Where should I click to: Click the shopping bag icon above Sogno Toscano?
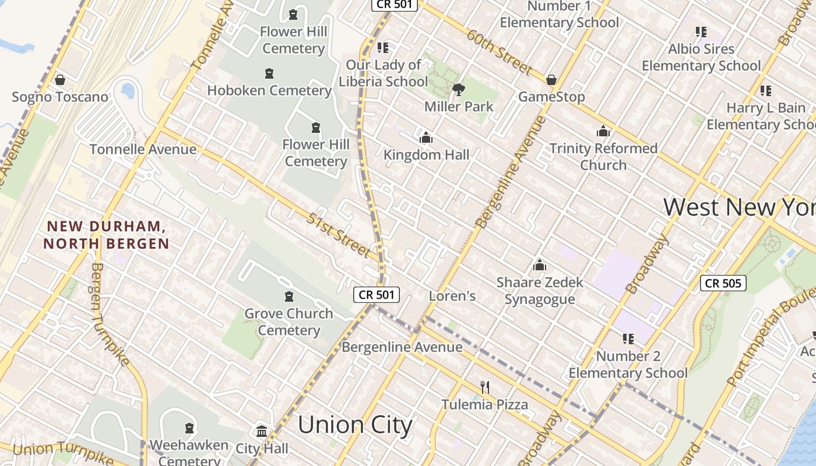[x=59, y=80]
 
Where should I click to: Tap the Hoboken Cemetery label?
[x=269, y=90]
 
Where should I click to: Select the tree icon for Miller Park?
[x=459, y=90]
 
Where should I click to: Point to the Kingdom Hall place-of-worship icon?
[x=426, y=138]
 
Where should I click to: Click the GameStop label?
[x=551, y=97]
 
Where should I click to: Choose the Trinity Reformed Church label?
[x=603, y=157]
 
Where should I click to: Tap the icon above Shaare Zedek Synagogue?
[x=540, y=266]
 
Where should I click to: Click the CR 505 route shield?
[x=723, y=284]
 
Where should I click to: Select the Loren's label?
[x=452, y=296]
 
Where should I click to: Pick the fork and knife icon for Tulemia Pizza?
[x=484, y=387]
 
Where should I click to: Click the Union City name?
[x=355, y=425]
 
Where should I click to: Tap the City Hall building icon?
[x=262, y=432]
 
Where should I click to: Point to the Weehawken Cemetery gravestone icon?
[x=189, y=429]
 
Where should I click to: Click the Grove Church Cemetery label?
[x=289, y=322]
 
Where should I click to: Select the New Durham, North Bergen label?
[x=106, y=235]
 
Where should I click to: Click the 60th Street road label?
[x=499, y=52]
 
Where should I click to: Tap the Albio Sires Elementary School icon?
[x=701, y=31]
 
